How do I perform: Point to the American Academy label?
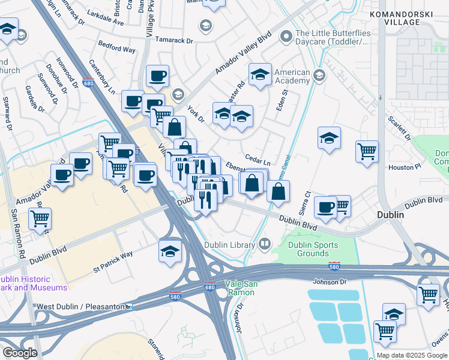click(x=292, y=77)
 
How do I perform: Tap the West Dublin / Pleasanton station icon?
click(x=129, y=307)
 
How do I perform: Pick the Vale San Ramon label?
click(x=240, y=288)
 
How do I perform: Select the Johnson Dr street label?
click(x=330, y=281)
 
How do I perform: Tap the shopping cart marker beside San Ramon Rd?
click(x=40, y=218)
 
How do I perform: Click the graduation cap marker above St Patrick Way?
click(x=170, y=250)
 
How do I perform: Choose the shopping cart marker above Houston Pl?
click(x=367, y=151)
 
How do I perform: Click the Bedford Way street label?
click(x=117, y=49)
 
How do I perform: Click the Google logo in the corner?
click(x=20, y=353)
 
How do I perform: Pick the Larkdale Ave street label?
click(x=104, y=22)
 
